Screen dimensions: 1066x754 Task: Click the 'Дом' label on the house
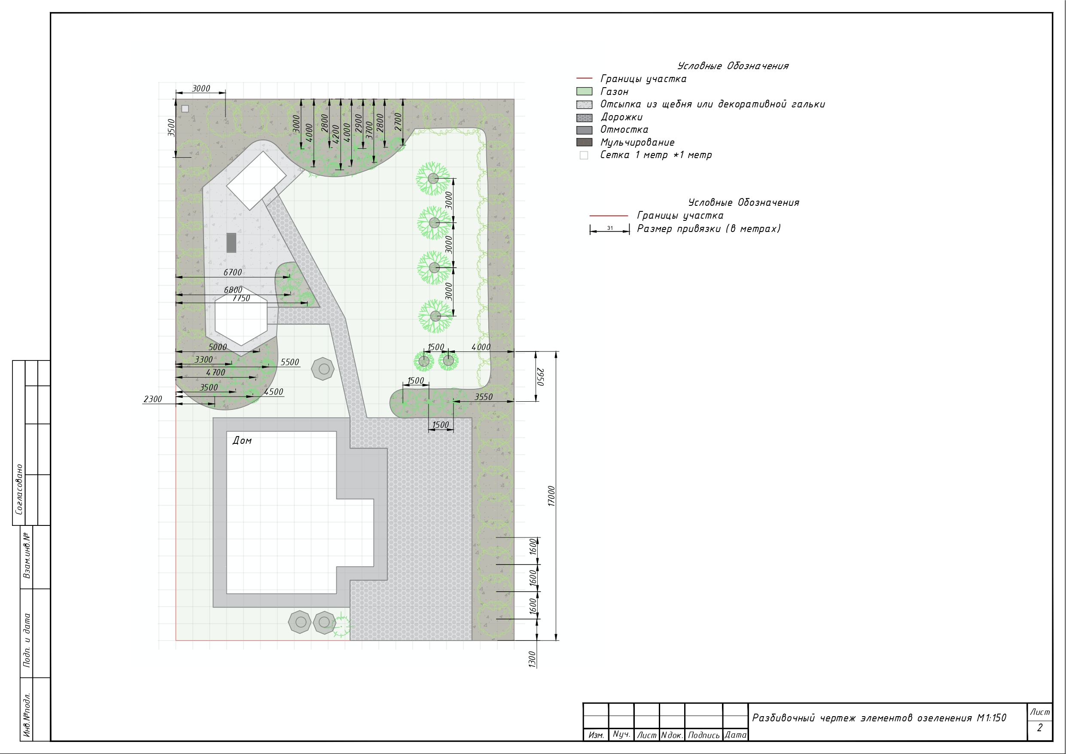[242, 440]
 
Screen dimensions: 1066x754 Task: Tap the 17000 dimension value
[551, 496]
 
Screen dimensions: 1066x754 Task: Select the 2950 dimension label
[540, 376]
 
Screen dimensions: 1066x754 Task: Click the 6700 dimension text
[233, 272]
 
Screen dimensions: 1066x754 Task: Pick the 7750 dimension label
[241, 298]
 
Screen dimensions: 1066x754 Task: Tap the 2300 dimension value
[153, 399]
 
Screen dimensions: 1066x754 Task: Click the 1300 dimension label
[532, 659]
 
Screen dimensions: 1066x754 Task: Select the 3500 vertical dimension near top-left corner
[171, 128]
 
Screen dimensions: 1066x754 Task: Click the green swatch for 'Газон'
[584, 92]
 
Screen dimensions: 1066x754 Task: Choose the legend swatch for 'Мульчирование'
[584, 142]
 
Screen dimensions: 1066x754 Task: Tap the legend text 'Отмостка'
[624, 130]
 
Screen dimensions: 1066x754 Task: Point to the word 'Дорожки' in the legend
[621, 117]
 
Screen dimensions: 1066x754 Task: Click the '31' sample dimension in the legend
[609, 228]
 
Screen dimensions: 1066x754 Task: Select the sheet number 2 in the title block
[1039, 727]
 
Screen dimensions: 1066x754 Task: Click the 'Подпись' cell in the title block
[704, 735]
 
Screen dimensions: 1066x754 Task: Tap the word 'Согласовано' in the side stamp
[19, 489]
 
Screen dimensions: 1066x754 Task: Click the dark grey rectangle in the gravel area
[231, 242]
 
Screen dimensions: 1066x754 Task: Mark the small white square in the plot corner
[185, 109]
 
